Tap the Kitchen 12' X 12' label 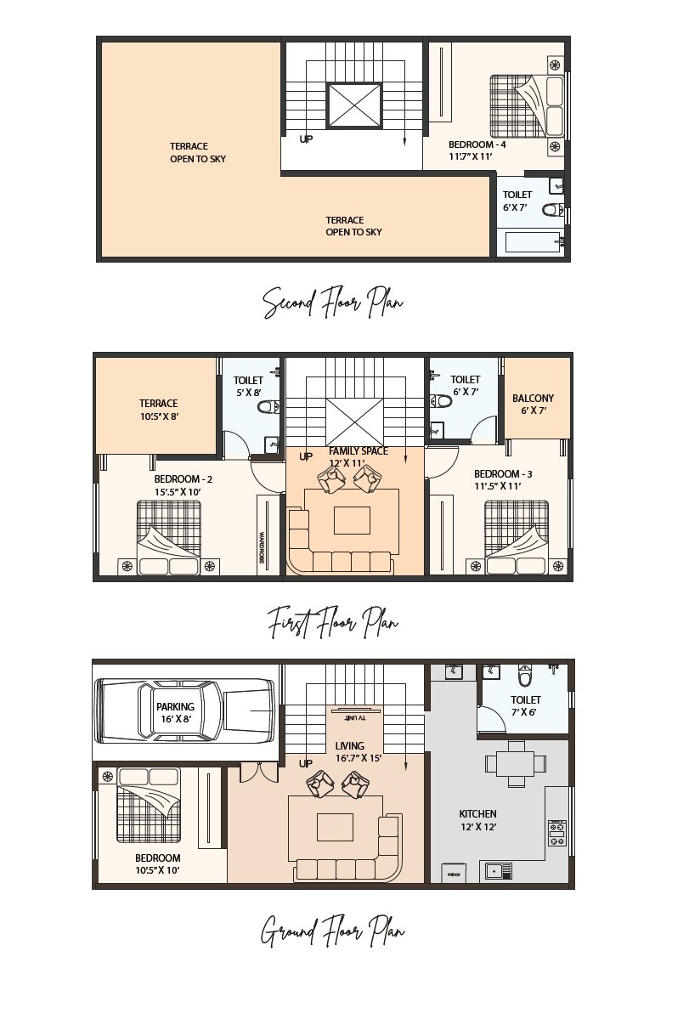coord(477,819)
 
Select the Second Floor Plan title coord(332,303)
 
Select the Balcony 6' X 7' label coord(533,404)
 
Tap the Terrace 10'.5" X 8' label coord(159,410)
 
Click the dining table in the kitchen coord(515,763)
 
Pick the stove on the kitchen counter coord(556,832)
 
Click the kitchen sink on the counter coord(498,870)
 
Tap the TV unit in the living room coord(356,712)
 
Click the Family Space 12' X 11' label coord(358,456)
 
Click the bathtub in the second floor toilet coord(532,242)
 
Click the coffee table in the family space coord(352,520)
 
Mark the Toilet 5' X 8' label coord(248,387)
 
